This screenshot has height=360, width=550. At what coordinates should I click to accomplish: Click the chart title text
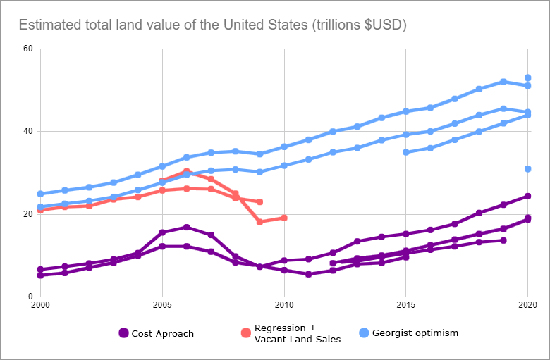212,25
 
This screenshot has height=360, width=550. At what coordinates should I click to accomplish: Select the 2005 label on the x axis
162,305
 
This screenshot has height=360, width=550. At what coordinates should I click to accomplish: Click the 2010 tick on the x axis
284,305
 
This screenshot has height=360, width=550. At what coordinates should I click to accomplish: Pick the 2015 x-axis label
405,305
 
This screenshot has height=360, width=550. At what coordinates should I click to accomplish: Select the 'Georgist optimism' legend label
415,333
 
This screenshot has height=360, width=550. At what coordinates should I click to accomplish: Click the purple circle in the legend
124,333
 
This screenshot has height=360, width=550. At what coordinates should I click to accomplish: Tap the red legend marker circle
245,333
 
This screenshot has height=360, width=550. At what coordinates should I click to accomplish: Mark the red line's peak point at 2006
187,172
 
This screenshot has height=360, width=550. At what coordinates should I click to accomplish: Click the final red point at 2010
284,218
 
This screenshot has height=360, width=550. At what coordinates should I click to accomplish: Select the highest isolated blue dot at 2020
527,78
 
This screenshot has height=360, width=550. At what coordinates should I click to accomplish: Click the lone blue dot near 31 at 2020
527,169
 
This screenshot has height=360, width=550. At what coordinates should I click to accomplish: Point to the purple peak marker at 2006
187,227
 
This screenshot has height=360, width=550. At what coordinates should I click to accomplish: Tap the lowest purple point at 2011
308,274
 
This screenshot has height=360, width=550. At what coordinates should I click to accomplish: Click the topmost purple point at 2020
527,196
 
